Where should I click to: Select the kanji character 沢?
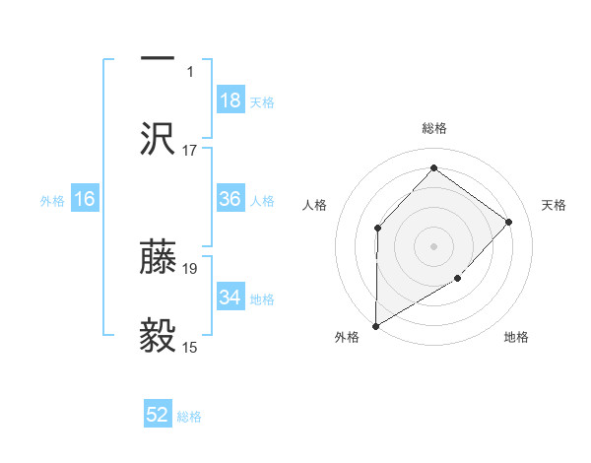(158, 138)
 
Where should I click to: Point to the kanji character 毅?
(158, 336)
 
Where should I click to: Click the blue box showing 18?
(230, 100)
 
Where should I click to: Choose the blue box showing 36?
(230, 200)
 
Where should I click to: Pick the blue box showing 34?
(230, 298)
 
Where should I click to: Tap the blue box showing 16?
(85, 200)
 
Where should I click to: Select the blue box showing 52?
(158, 416)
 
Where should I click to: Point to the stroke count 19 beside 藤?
(190, 268)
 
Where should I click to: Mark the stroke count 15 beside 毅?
(190, 347)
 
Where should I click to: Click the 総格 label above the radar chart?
(434, 128)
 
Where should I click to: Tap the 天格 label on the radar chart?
(554, 205)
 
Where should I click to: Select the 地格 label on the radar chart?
(516, 337)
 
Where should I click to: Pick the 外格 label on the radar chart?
(347, 337)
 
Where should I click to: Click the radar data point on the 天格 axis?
(509, 222)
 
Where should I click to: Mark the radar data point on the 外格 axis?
(375, 325)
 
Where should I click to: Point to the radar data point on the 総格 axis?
(433, 167)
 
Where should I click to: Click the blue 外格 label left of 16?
(52, 201)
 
